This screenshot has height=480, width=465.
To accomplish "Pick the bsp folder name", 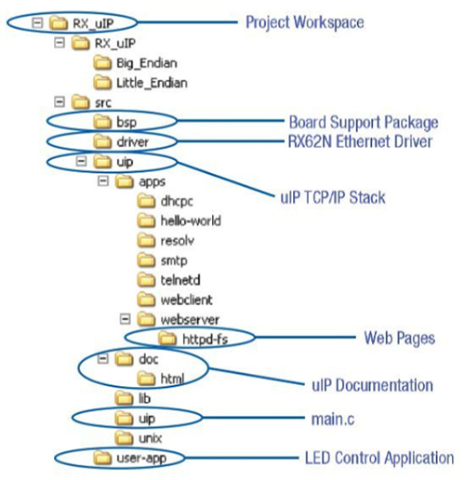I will click(126, 122).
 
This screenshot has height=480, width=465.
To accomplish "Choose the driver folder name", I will click(131, 142).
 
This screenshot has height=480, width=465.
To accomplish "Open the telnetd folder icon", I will click(145, 278).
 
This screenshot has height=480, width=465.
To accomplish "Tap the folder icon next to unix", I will click(122, 437).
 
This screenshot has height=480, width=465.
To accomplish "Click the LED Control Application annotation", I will click(379, 458).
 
